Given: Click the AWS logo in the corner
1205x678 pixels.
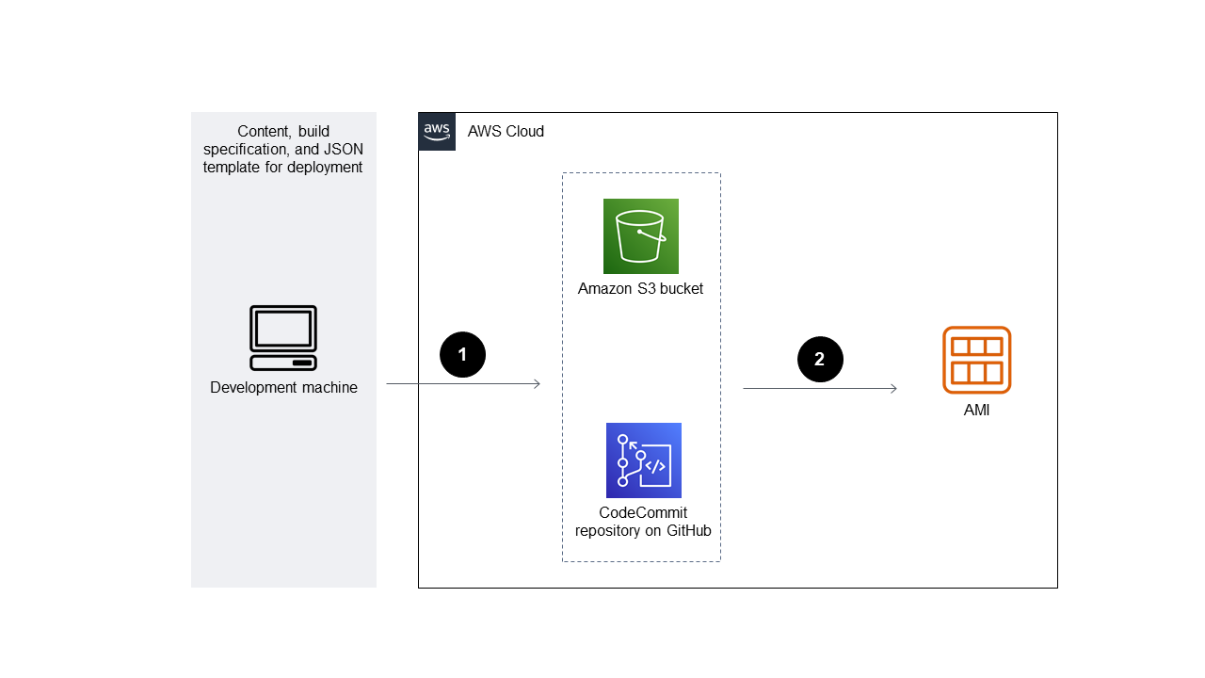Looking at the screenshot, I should click(x=437, y=132).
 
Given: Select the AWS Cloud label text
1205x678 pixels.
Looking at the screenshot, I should click(x=506, y=132).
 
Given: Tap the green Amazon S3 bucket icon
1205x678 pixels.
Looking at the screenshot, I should click(x=641, y=236).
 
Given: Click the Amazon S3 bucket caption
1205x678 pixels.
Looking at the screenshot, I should click(x=640, y=289).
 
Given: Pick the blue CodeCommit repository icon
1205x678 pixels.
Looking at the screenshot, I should click(x=644, y=460).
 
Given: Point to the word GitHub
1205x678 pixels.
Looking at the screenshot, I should click(x=688, y=531).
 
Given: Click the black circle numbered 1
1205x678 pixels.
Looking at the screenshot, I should click(x=462, y=355).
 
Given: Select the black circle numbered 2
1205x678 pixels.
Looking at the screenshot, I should click(x=820, y=359).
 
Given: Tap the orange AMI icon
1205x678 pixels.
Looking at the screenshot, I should click(x=976, y=360).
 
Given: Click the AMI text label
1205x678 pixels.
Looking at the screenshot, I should click(x=976, y=411).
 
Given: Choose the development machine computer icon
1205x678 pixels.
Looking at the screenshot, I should click(x=283, y=338).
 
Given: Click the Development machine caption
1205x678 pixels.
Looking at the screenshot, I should click(x=283, y=388).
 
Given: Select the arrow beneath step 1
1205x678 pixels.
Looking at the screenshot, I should click(x=463, y=384).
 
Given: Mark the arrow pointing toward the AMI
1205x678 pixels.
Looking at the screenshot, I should click(x=819, y=388).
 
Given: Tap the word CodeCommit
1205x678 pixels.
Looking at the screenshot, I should click(x=643, y=513).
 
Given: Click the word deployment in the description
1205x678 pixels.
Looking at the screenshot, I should click(x=327, y=168).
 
